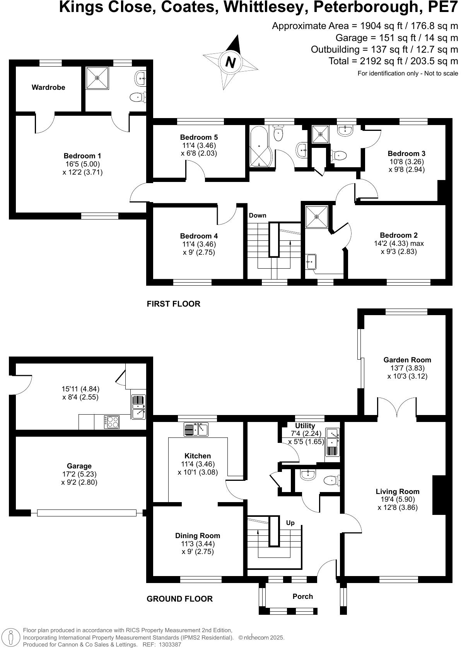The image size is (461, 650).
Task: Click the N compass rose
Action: pos(230,62)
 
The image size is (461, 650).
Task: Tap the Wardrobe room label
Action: pos(48,87)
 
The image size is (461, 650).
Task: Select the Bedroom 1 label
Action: pos(82,156)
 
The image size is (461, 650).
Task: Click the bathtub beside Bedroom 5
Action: pos(260,147)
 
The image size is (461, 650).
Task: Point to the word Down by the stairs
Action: pos(258,216)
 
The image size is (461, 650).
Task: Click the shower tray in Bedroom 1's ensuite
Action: pos(97,77)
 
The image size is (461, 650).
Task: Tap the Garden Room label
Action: pos(407,360)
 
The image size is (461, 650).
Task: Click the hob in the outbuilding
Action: pos(112,422)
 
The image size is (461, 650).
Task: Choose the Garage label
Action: pos(79,466)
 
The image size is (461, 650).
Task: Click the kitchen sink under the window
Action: pos(196,429)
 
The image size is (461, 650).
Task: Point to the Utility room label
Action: pos(305,426)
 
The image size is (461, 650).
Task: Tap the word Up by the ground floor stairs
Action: pos(290,523)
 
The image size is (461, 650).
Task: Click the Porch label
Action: pos(302,596)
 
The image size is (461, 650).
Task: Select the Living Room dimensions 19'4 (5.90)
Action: pos(398,499)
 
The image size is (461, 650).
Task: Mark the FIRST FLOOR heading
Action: pos(173,304)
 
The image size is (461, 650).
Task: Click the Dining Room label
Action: pos(198,536)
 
